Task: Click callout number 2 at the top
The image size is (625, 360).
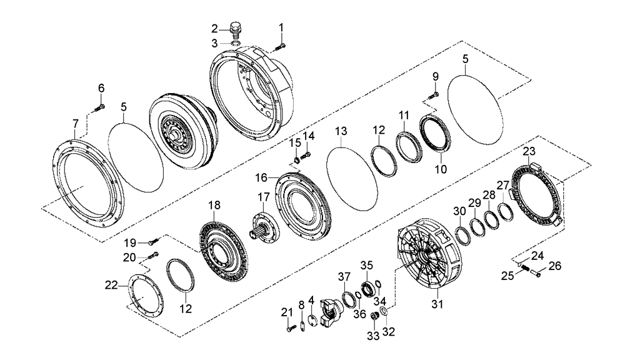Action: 214,28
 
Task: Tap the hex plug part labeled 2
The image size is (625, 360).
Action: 236,30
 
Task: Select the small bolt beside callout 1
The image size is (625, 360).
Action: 279,45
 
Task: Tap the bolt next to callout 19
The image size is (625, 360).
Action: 154,242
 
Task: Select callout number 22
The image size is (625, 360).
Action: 110,286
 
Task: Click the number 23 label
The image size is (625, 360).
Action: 529,151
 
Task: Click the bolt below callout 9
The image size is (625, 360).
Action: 432,95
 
